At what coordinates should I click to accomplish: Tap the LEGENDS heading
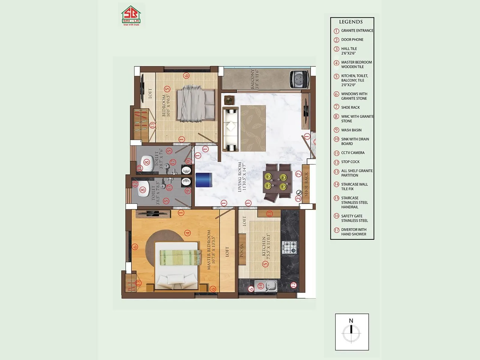351,22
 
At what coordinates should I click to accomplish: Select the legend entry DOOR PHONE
352,40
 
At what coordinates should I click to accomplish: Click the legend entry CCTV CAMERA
352,153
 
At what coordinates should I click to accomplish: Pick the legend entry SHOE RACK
350,107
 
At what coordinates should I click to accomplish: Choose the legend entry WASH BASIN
351,130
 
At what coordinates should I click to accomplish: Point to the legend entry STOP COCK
350,162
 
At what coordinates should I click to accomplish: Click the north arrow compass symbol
351,331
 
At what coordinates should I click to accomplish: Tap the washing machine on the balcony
299,79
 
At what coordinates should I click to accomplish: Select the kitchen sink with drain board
265,286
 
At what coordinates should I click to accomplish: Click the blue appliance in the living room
204,180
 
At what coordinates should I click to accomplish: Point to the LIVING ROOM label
242,177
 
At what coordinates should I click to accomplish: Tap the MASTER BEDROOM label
211,250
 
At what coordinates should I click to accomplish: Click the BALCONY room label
254,79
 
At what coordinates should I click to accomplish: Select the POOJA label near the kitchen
242,250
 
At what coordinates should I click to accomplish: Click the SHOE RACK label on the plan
306,184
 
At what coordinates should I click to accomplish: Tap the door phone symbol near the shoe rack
299,193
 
